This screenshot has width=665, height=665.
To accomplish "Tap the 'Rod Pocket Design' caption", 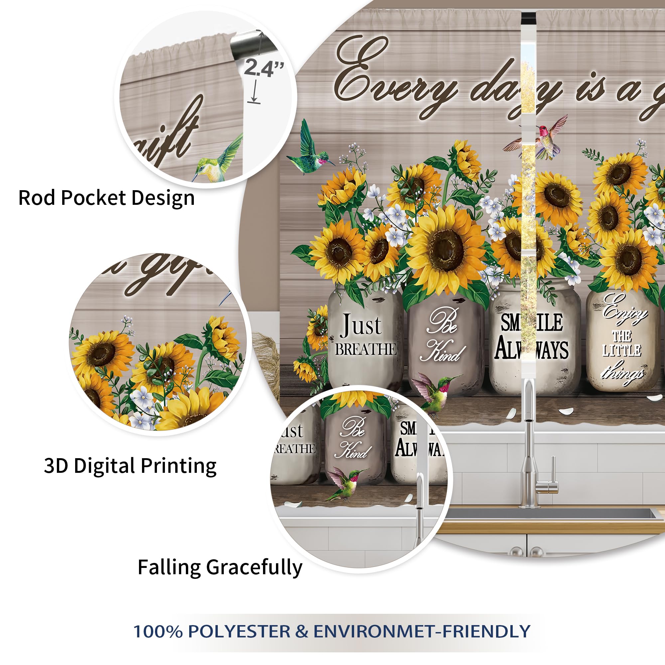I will tap(106, 198).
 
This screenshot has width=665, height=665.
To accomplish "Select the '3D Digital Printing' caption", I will tap(130, 466).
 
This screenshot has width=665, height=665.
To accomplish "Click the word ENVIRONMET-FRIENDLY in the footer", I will tap(422, 631).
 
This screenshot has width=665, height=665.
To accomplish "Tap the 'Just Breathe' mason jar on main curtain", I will tap(365, 339).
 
